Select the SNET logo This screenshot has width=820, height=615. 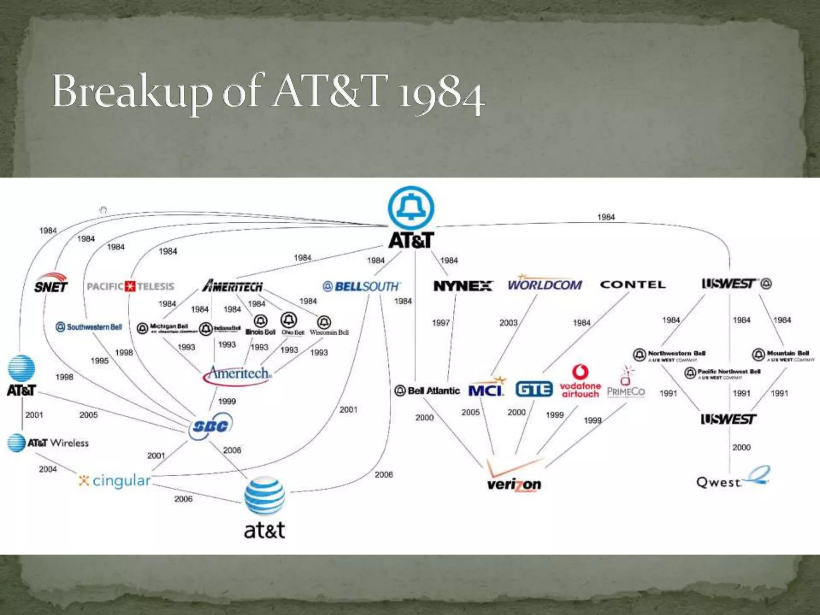pos(51,283)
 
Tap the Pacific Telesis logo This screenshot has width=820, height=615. pos(131,286)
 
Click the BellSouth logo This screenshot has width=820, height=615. pos(362,286)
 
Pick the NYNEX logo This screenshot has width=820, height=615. pos(463,286)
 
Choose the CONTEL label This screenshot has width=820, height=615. pos(633,285)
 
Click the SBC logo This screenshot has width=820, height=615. pos(210,426)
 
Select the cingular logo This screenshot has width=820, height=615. pos(115,480)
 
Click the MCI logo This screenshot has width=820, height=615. pos(486,388)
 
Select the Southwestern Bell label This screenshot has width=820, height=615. pos(89,327)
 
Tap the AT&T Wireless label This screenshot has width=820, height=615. pos(48,443)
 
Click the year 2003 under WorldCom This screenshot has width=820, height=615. pos(508,323)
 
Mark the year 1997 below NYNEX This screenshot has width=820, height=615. pos(441,323)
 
